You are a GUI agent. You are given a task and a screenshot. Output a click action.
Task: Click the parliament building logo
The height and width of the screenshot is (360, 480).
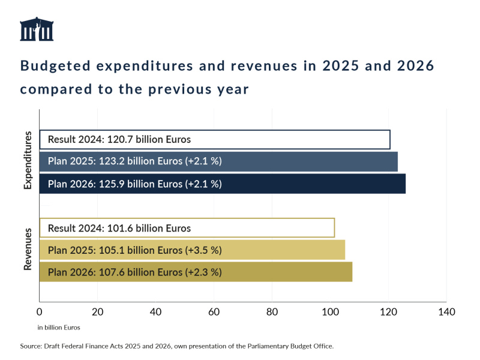click(x=37, y=29)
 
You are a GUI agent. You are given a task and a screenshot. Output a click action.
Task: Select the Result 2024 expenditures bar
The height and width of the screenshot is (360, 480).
click(x=214, y=139)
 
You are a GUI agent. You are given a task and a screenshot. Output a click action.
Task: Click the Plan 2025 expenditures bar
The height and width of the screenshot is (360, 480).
click(x=218, y=162)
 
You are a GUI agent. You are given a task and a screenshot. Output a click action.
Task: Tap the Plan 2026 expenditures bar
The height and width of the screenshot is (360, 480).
click(x=222, y=184)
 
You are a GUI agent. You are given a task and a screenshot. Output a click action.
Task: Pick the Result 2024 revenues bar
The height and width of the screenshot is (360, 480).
click(x=187, y=228)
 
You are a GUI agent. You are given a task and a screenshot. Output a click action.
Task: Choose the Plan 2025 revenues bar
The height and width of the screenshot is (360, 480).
click(x=192, y=250)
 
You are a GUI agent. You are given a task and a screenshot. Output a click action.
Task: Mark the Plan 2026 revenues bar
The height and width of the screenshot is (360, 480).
click(x=196, y=272)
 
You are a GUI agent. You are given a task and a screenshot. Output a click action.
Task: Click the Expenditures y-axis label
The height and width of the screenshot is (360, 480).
click(x=28, y=161)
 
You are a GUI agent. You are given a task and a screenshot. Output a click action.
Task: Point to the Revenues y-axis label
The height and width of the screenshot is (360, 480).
click(x=28, y=250)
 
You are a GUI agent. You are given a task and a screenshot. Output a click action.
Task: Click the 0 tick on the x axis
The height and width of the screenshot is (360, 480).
click(x=40, y=312)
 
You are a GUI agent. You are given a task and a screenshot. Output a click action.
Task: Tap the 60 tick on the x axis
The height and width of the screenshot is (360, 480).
click(x=214, y=312)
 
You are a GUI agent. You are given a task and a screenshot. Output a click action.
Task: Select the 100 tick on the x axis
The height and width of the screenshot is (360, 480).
click(x=330, y=312)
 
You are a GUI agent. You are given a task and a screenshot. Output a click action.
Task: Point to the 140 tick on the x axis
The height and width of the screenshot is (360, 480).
click(x=446, y=312)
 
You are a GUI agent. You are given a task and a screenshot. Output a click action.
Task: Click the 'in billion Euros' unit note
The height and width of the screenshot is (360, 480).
click(x=59, y=328)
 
